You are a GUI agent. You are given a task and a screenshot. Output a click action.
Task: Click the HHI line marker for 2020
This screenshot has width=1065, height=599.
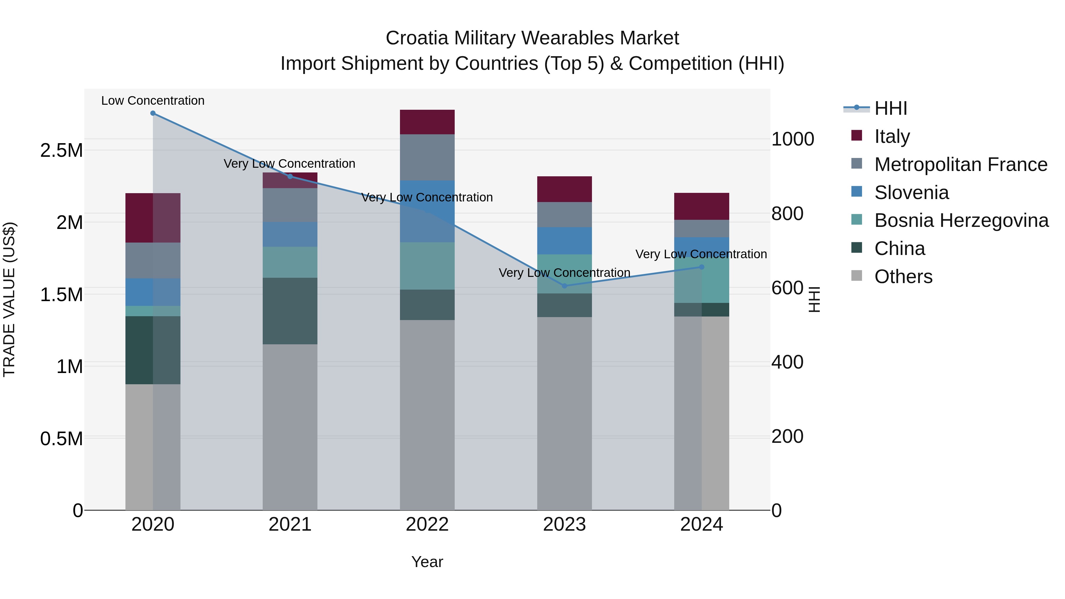pyautogui.click(x=153, y=113)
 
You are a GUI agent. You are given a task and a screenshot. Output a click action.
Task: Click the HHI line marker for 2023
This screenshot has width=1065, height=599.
pyautogui.click(x=564, y=286)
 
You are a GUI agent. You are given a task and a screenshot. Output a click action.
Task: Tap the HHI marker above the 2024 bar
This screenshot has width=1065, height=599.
pyautogui.click(x=702, y=267)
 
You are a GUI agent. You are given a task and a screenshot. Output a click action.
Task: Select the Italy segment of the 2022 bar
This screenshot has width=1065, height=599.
pyautogui.click(x=427, y=122)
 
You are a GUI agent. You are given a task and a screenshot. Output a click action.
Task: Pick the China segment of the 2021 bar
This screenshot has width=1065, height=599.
pyautogui.click(x=290, y=311)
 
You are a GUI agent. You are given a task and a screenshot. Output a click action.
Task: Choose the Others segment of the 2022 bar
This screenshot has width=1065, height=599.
pyautogui.click(x=427, y=415)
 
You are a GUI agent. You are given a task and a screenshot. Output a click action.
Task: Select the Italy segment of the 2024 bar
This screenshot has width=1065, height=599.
pyautogui.click(x=702, y=206)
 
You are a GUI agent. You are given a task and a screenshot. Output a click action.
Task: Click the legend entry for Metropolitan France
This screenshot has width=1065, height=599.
pyautogui.click(x=961, y=164)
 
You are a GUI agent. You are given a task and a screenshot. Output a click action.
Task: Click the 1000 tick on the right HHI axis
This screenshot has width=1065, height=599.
pyautogui.click(x=793, y=139)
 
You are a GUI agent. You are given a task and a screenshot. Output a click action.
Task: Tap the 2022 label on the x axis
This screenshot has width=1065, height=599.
pyautogui.click(x=427, y=524)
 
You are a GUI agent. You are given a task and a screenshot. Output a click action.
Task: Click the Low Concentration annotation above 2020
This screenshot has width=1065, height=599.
pyautogui.click(x=153, y=101)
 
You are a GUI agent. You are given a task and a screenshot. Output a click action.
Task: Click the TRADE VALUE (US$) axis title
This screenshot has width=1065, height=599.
pyautogui.click(x=9, y=299)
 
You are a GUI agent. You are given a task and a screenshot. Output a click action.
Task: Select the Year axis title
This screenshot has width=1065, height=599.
pyautogui.click(x=427, y=562)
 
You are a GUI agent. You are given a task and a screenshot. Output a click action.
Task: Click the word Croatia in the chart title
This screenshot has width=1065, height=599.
pyautogui.click(x=417, y=38)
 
